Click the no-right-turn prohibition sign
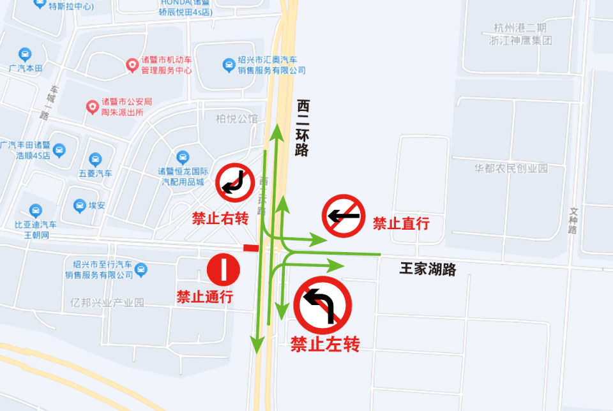[x=236, y=183]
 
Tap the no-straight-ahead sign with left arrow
[x=343, y=216]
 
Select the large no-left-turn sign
[x=324, y=305]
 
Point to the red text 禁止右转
[x=220, y=218]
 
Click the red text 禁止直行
[x=400, y=223]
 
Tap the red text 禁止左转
[x=325, y=345]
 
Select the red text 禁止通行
[x=204, y=297]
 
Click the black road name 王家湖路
[x=428, y=269]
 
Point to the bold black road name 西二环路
[x=303, y=128]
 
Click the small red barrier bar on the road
[x=251, y=248]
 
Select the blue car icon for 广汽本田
[x=25, y=54]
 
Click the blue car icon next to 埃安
[x=79, y=205]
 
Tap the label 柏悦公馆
[x=237, y=119]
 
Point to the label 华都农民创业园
[x=511, y=168]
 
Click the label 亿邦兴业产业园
[x=108, y=302]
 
